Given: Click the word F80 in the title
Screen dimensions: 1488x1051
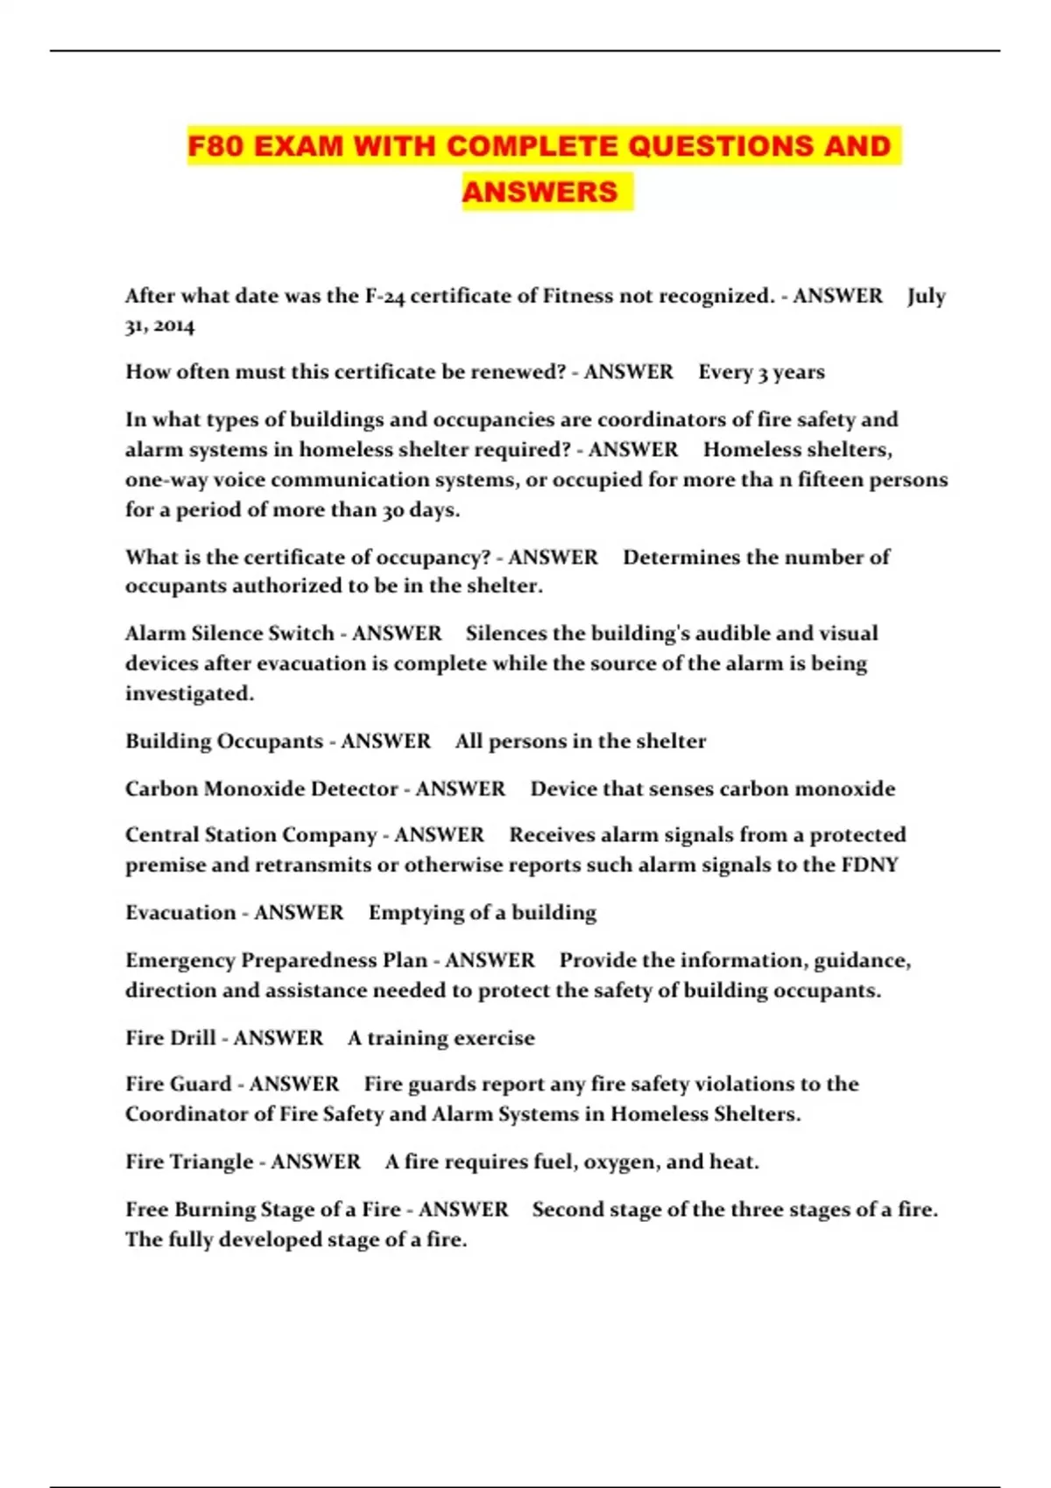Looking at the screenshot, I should [x=215, y=145].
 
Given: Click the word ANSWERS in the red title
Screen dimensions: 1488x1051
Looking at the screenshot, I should [x=540, y=192].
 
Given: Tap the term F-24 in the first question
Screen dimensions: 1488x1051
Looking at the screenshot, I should [x=384, y=296].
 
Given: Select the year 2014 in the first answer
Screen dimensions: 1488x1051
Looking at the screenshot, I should [x=173, y=326].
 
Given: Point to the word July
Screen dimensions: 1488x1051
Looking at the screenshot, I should [x=926, y=296].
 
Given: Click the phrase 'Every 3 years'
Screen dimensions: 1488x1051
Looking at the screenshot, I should [x=761, y=372].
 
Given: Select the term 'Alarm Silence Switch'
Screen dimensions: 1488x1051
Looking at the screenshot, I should [x=229, y=633].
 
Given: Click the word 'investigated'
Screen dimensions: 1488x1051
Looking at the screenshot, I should [x=188, y=693].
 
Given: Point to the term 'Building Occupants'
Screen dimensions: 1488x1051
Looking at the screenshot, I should [x=224, y=740].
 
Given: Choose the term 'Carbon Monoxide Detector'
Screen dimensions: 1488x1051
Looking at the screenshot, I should [x=261, y=789].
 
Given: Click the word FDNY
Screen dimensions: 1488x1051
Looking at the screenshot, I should [x=869, y=865].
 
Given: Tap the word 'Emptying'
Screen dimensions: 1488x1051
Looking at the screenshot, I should [x=416, y=912].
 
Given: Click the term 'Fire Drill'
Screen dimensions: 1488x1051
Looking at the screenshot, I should [x=170, y=1037].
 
